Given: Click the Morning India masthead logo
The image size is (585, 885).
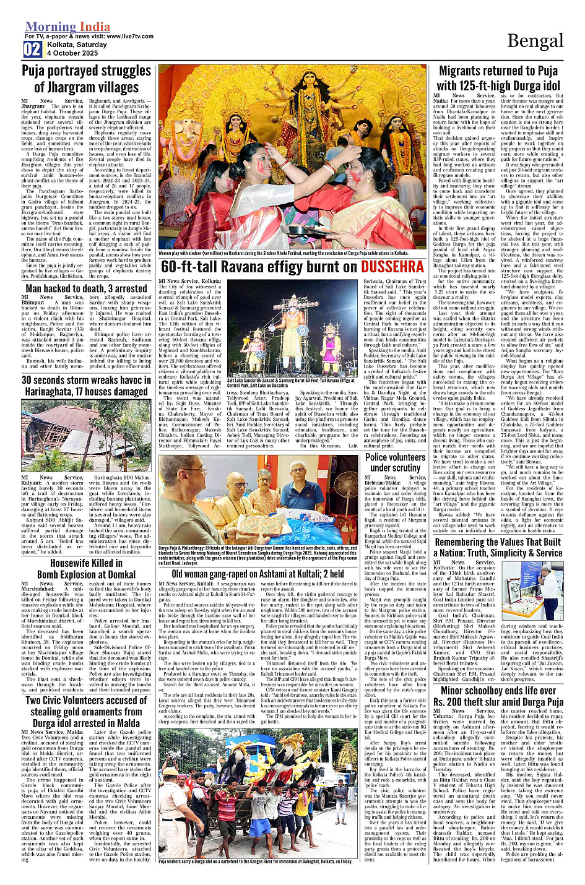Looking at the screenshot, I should tap(67, 27).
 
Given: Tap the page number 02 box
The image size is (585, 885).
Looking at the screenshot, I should tap(32, 50).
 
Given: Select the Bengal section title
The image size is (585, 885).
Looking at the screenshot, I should tap(535, 41).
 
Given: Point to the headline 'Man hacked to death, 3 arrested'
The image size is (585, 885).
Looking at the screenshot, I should tap(86, 288).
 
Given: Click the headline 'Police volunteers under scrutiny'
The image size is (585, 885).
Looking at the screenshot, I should tap(395, 462).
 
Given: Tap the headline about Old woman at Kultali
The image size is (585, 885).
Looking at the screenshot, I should tap(258, 574).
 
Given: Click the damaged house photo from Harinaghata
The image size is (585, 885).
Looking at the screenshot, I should tap(86, 436).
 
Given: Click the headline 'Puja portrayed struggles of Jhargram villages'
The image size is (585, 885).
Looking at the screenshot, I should tap(86, 79).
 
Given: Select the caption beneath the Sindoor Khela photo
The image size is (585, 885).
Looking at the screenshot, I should tap(284, 253).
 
